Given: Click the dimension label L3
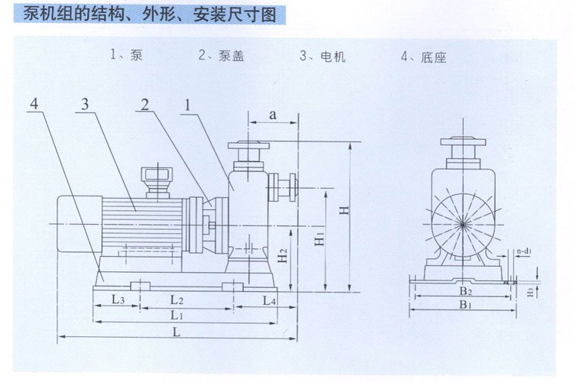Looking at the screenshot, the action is click(118, 299).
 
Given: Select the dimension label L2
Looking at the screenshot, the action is click(177, 300).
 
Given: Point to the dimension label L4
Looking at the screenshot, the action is click(270, 301).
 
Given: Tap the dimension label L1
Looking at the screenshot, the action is click(177, 315).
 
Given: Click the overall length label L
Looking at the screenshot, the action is click(176, 332).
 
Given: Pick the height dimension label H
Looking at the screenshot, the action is click(344, 210).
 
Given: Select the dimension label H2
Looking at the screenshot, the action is click(283, 255).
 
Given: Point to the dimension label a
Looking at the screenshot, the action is click(273, 115).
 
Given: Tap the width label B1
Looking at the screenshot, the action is click(465, 304).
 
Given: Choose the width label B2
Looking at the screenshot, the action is click(465, 291).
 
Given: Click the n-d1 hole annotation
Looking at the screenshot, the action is click(524, 251).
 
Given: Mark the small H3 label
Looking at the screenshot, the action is click(531, 292).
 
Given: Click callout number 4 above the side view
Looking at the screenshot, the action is click(34, 104).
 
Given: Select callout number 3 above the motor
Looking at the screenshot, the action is click(85, 104).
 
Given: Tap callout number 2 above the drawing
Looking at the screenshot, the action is click(145, 105).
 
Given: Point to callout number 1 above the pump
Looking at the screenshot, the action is click(187, 105).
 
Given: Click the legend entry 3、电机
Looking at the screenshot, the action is click(322, 57).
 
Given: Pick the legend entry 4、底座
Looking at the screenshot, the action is click(423, 57).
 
